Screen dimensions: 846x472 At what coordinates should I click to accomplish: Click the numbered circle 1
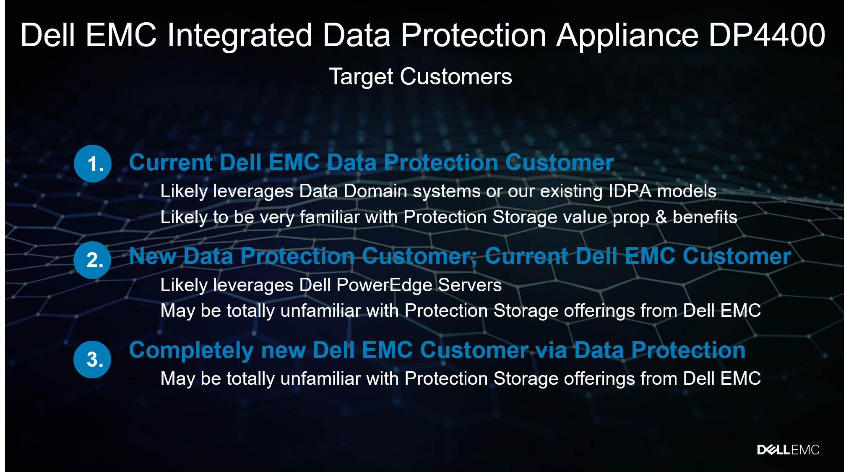pyautogui.click(x=93, y=164)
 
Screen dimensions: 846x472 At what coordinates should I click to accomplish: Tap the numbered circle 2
pyautogui.click(x=92, y=260)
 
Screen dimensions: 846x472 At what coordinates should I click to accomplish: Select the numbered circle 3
pyautogui.click(x=92, y=360)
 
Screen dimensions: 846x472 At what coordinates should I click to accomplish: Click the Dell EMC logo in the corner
pyautogui.click(x=788, y=450)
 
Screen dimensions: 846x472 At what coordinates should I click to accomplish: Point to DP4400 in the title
pyautogui.click(x=767, y=35)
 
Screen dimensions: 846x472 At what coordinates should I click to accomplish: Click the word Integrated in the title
pyautogui.click(x=240, y=36)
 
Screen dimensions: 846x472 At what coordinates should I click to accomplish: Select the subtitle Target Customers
pyautogui.click(x=420, y=77)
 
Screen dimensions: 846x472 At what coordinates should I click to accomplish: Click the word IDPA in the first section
pyautogui.click(x=630, y=191)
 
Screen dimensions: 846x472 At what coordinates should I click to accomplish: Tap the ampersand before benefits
pyautogui.click(x=661, y=217)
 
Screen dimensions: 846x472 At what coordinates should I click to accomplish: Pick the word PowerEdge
pyautogui.click(x=384, y=285)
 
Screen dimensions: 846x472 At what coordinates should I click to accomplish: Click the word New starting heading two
pyautogui.click(x=152, y=256)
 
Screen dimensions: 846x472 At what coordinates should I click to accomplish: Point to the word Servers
pyautogui.click(x=470, y=285)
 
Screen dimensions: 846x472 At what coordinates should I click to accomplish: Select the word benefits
pyautogui.click(x=705, y=217)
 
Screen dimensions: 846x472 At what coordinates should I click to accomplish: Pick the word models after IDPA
pyautogui.click(x=687, y=191)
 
